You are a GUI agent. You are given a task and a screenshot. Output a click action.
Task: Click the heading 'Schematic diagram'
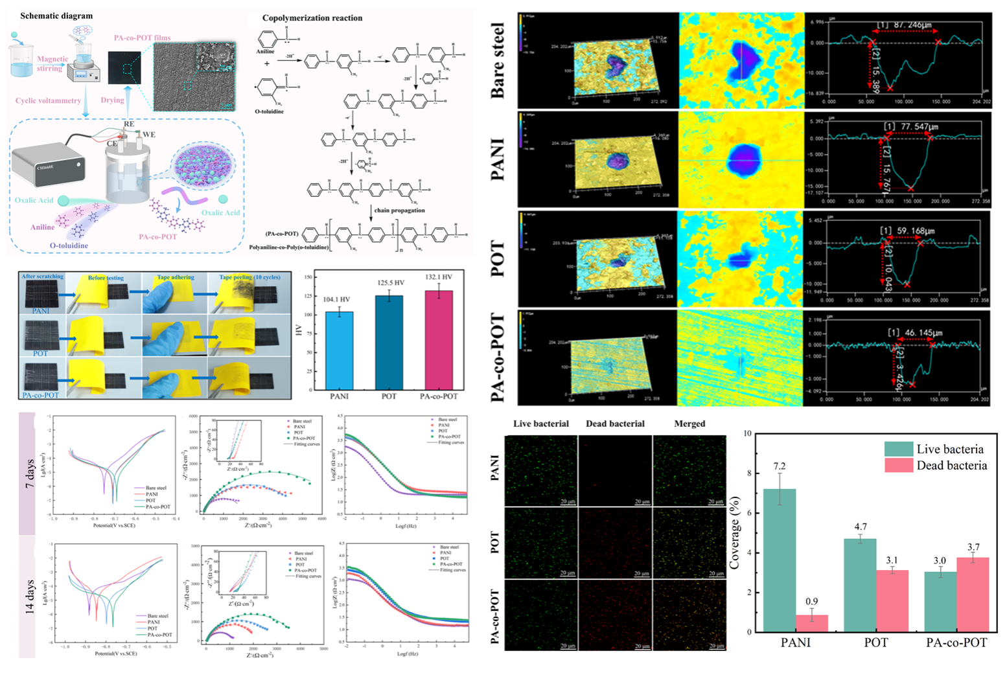[x=56, y=16]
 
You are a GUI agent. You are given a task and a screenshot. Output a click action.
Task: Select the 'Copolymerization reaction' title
[x=312, y=17]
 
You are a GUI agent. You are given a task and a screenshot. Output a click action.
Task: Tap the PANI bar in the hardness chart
[x=340, y=350]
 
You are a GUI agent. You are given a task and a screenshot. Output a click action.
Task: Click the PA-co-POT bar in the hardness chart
[x=439, y=340]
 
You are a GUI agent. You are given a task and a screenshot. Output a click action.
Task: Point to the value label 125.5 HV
[x=391, y=283]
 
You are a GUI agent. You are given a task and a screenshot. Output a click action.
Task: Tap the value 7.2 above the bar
[x=780, y=466]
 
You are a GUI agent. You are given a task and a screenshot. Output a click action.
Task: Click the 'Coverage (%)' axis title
[x=734, y=533]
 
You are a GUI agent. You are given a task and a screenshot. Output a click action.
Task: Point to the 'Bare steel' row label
[x=498, y=60]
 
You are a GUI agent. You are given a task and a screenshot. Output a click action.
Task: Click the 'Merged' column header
[x=689, y=424]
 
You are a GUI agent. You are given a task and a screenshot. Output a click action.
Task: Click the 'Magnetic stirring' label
[x=52, y=63]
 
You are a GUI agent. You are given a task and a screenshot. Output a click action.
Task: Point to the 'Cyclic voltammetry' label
[x=49, y=100]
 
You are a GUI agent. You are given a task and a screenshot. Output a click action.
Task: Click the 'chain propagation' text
[x=400, y=210]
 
